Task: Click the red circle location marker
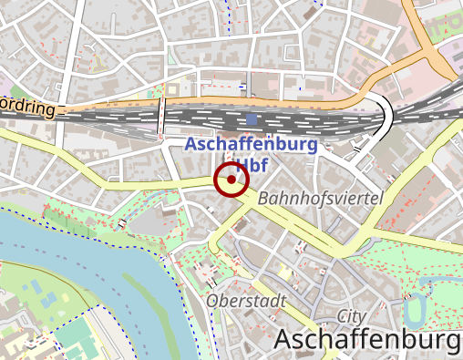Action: pos(231,180)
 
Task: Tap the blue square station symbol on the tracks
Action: pos(252,119)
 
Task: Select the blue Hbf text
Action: pos(243,165)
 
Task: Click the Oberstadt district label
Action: pos(246,300)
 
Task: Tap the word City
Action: pos(351,315)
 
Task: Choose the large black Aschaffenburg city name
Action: pos(366,340)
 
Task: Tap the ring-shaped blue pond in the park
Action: pos(415,310)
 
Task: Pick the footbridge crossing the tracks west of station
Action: pos(161,113)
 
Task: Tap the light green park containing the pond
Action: pos(428,273)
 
